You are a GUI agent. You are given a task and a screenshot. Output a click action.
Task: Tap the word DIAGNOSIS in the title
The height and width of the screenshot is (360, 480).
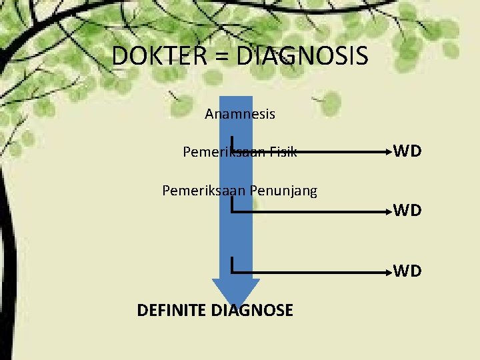coord(302,56)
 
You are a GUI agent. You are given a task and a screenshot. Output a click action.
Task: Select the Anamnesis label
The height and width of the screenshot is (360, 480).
coord(240,114)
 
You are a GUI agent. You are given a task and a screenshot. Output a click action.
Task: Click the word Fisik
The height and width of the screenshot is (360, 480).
coord(283,152)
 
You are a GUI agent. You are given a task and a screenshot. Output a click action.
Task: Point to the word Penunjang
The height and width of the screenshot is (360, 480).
coord(283,191)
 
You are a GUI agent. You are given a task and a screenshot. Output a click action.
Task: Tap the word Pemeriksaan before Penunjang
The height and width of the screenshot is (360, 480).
coord(203,191)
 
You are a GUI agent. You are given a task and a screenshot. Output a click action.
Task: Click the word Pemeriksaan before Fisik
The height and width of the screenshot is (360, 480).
coord(224,152)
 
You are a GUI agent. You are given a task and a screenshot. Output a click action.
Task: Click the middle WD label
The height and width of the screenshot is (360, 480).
coord(407,211)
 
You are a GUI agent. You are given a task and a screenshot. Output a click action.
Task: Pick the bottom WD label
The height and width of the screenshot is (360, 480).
coord(407,271)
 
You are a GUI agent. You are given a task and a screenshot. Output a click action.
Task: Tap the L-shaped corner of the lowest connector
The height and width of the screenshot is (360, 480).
coord(231,272)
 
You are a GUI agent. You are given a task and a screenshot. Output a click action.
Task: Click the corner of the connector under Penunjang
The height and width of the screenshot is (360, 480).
coord(231,212)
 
